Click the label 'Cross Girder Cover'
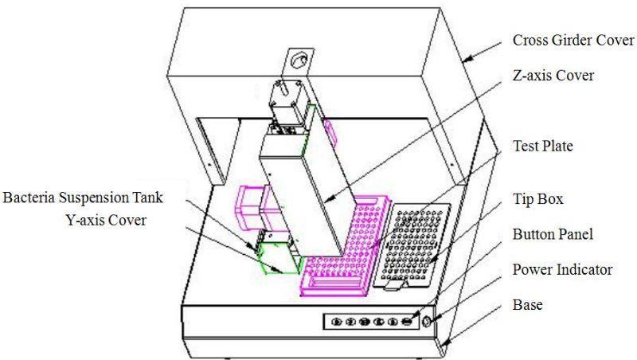tap(573, 41)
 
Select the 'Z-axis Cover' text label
tap(553, 75)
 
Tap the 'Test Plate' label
tap(543, 146)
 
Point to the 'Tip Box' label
tap(538, 198)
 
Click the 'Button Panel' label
tap(553, 234)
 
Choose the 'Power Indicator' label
tap(562, 269)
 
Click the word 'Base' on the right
tap(527, 305)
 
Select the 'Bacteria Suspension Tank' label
tap(83, 198)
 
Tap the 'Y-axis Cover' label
tap(106, 220)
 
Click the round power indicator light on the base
tap(426, 322)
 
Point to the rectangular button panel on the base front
tap(371, 322)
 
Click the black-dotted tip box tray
tap(412, 246)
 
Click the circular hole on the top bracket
tap(300, 61)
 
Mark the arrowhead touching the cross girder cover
tap(467, 59)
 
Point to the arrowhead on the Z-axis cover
tap(329, 199)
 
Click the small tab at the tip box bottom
tap(395, 285)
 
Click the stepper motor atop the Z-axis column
tap(289, 103)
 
